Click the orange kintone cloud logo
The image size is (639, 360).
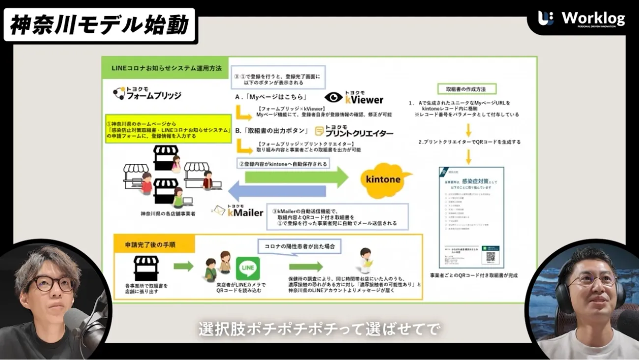(383, 179)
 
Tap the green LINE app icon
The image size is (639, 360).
(248, 269)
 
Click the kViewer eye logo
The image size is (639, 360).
(333, 97)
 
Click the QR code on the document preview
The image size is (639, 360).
(490, 256)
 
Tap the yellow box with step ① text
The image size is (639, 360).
(169, 129)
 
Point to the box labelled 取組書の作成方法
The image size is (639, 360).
(466, 89)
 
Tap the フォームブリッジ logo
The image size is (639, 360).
(147, 93)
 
